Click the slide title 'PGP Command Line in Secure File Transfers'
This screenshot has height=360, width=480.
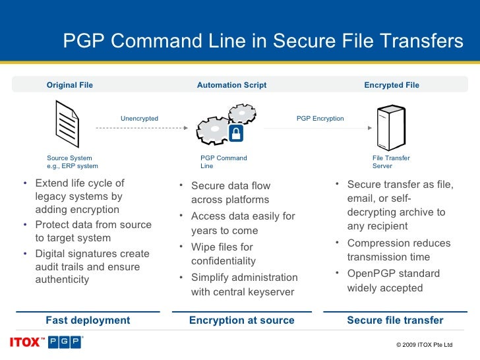[x=263, y=42]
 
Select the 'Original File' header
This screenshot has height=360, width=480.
[x=69, y=85]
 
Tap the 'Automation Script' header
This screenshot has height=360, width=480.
[x=231, y=85]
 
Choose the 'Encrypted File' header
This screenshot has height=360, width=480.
[x=392, y=85]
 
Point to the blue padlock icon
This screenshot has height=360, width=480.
[x=235, y=134]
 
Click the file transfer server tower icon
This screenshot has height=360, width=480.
[x=386, y=127]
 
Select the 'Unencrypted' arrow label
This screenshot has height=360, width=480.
[x=139, y=119]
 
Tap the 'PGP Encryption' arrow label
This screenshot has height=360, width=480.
[x=320, y=119]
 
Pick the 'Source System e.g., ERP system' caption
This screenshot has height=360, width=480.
[x=73, y=162]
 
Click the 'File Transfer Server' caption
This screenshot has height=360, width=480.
[x=391, y=162]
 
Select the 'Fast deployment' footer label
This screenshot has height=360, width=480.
[x=88, y=320]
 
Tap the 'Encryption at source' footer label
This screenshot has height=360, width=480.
[x=241, y=320]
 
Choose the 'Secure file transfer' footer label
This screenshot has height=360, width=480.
[x=395, y=320]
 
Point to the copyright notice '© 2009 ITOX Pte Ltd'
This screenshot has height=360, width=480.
[x=425, y=345]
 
